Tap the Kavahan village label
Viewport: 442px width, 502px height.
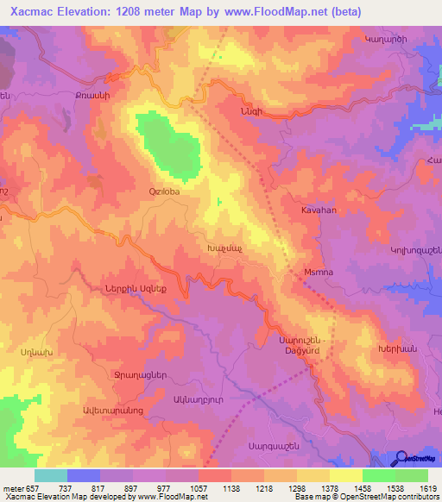[318, 210]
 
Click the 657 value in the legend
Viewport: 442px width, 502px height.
[33, 488]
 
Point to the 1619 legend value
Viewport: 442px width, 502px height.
[429, 488]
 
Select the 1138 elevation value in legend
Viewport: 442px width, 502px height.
[231, 488]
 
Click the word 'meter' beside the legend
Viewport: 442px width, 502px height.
[11, 488]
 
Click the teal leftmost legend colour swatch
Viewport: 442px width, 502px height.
[51, 475]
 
